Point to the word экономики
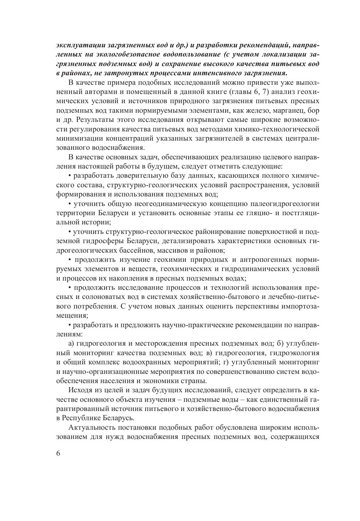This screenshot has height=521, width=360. (x=157, y=380)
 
